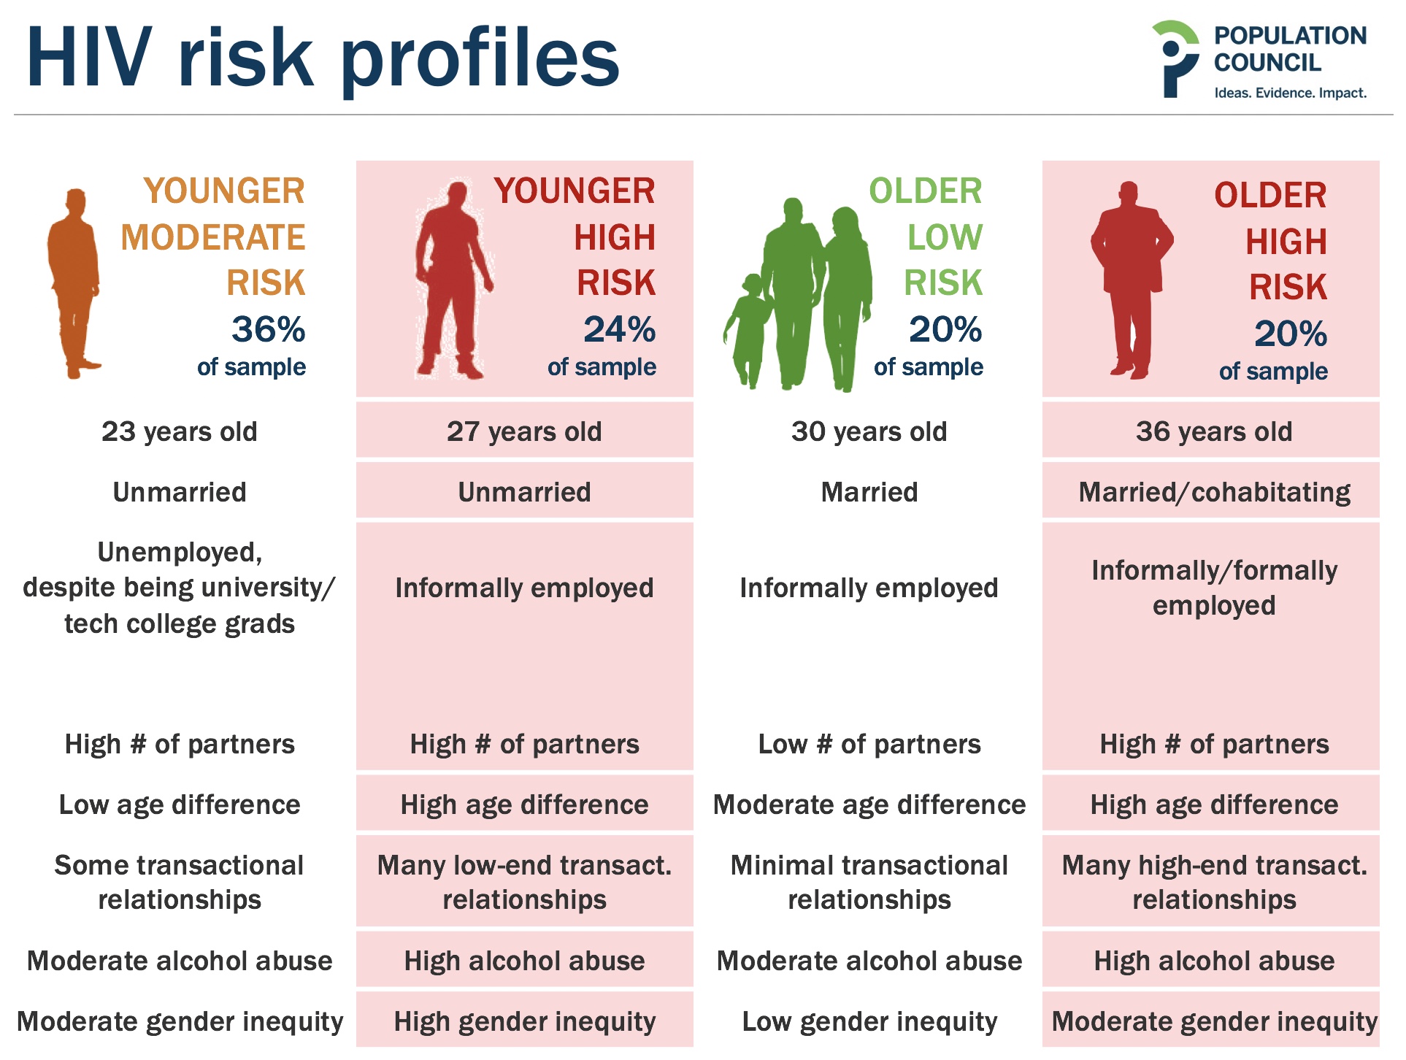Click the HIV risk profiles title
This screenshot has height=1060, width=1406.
coord(323,58)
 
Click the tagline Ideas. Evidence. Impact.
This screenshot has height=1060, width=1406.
coord(1290,93)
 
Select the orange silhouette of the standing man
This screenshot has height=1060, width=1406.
coord(73,283)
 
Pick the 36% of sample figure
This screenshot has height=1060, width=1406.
coord(252,345)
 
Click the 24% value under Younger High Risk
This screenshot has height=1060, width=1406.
coord(619,329)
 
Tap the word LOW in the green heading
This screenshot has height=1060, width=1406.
coord(945,237)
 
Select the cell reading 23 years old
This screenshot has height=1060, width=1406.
coord(180,431)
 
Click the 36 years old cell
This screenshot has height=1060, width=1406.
coord(1213,431)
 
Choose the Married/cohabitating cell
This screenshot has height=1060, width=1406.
coord(1213,492)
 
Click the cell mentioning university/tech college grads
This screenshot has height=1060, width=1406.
coord(180,588)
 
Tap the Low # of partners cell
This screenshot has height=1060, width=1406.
coord(869,744)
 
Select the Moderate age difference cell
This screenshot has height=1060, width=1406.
coord(869,804)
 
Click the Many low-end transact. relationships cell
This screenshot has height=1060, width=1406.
coord(524,882)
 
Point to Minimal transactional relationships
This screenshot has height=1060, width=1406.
coord(869,882)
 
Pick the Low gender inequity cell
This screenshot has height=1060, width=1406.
coord(869,1022)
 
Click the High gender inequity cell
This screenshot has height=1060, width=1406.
coord(524,1021)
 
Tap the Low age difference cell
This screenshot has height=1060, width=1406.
coord(180,804)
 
